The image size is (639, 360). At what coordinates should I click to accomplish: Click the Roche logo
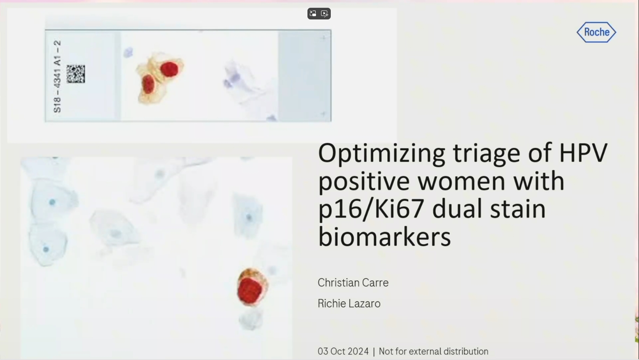click(x=596, y=32)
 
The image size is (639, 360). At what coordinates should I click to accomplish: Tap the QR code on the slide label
click(x=75, y=74)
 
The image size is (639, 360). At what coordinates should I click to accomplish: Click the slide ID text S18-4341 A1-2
click(x=58, y=77)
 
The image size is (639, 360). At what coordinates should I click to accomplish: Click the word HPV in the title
click(x=583, y=153)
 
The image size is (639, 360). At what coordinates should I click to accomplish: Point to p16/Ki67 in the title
click(x=371, y=210)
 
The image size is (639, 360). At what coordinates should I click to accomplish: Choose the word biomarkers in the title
click(x=384, y=237)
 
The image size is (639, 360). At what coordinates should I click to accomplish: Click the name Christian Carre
click(x=353, y=283)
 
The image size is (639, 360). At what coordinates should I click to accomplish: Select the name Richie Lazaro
click(x=349, y=304)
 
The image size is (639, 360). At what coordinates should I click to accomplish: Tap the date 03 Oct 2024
click(x=343, y=351)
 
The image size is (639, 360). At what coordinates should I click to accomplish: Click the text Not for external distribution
click(x=433, y=351)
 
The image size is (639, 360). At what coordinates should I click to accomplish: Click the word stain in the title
click(x=518, y=209)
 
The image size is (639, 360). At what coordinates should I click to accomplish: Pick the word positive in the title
click(x=364, y=182)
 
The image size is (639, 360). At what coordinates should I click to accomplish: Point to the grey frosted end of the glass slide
click(x=304, y=76)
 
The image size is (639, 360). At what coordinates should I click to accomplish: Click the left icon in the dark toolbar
click(x=313, y=13)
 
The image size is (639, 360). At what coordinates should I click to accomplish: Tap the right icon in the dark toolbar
click(x=325, y=13)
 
